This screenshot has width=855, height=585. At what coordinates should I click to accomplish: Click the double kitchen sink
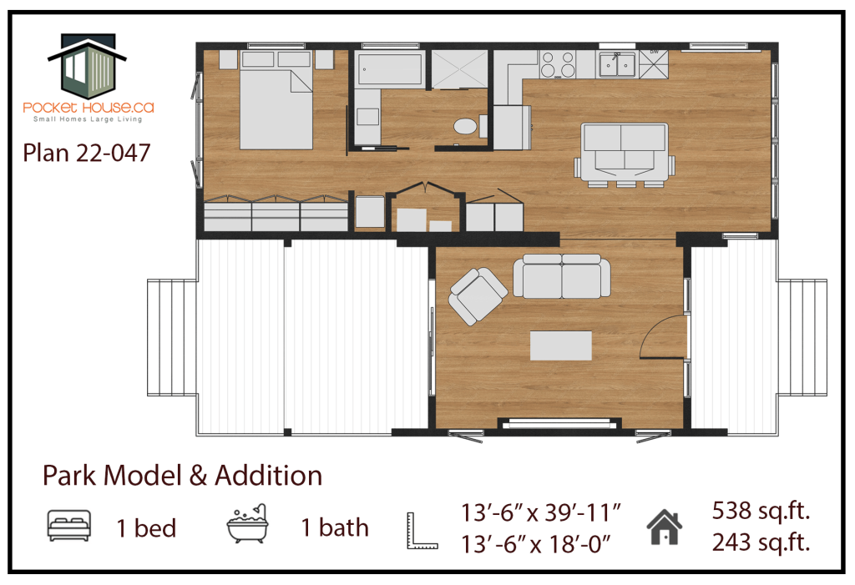(x=617, y=65)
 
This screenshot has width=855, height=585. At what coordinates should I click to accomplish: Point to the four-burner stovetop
(x=558, y=64)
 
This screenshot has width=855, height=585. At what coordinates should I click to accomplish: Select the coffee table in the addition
(x=561, y=345)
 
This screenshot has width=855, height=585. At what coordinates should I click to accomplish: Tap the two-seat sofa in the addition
(x=562, y=276)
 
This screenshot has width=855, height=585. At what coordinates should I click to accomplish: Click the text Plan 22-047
(x=86, y=153)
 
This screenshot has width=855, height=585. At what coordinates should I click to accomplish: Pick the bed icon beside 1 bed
(x=69, y=526)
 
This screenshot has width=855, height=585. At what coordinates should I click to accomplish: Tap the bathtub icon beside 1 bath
(x=247, y=523)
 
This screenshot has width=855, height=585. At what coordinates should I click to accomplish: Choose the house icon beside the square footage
(x=664, y=527)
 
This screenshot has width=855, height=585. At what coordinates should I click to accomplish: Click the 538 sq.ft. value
(x=761, y=511)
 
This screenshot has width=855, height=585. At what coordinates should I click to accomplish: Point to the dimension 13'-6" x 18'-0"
(x=536, y=544)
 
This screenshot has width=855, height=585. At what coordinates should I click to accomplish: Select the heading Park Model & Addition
(x=183, y=476)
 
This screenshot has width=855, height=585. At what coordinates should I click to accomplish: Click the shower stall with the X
(x=460, y=69)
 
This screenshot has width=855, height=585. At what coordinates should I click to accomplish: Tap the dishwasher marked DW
(x=653, y=64)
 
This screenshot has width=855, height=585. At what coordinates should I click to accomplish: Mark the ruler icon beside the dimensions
(x=422, y=531)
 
